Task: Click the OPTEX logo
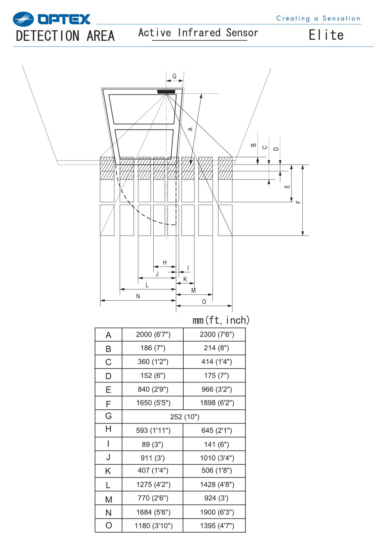(51, 19)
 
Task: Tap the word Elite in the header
(326, 35)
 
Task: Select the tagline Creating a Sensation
(318, 19)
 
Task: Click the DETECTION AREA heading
(65, 36)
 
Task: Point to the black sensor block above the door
(166, 91)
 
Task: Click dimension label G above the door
(174, 76)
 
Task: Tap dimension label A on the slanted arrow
(191, 129)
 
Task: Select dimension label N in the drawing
(138, 296)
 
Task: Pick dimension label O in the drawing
(204, 302)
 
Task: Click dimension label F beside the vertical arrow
(298, 202)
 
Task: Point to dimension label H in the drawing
(165, 262)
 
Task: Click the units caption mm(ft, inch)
(221, 320)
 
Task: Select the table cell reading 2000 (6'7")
(153, 335)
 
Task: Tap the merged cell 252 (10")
(185, 417)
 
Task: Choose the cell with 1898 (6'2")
(217, 403)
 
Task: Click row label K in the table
(108, 471)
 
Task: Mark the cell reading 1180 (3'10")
(154, 526)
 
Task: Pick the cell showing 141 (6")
(216, 444)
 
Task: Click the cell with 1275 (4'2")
(153, 484)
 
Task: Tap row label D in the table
(109, 376)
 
